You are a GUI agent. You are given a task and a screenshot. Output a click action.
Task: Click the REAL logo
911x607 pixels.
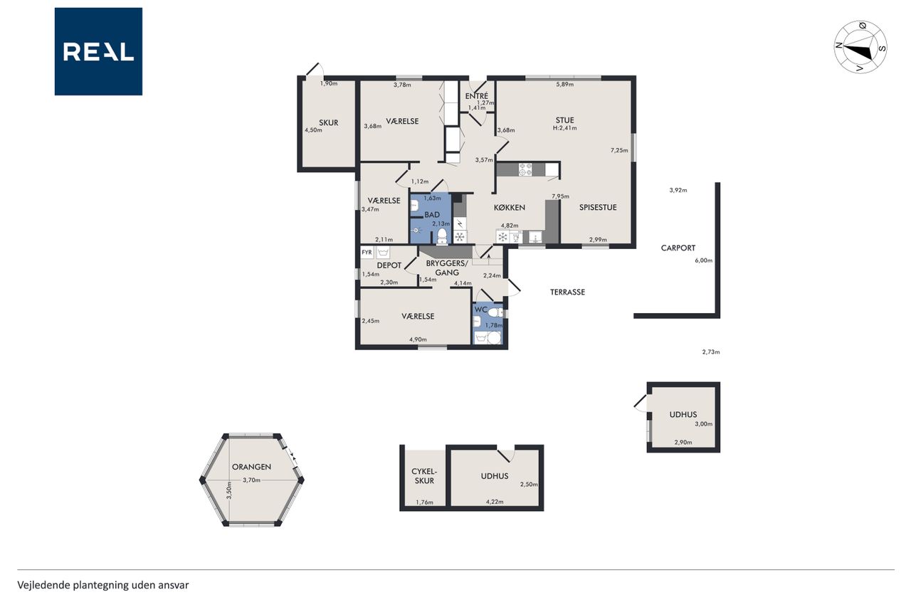coord(98,52)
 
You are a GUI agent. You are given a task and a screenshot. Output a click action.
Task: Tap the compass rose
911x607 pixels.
coord(860,47)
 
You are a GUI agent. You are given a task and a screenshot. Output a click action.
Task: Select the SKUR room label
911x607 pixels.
coord(329,123)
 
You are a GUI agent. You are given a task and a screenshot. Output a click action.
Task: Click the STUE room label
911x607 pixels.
coord(565,120)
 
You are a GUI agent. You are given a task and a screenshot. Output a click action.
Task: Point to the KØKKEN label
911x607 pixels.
coord(510,208)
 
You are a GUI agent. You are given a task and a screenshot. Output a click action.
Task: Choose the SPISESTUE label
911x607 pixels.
coord(598,207)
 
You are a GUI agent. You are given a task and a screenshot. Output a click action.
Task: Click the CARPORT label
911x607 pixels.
coord(678,248)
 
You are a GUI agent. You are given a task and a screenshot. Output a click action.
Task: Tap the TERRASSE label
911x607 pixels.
coord(567,292)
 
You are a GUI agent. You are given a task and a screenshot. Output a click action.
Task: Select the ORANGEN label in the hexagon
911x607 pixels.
coord(251,467)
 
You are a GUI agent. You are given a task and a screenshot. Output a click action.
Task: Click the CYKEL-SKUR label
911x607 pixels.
coord(423,476)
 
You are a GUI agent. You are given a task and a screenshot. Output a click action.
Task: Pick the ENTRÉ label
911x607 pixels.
coord(477,96)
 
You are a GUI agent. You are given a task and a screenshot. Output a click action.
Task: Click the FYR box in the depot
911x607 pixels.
coord(367,253)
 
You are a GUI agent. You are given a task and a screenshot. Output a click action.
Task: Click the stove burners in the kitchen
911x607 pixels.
coord(525,169)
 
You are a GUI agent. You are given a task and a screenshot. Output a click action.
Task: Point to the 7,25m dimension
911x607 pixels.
coord(619,150)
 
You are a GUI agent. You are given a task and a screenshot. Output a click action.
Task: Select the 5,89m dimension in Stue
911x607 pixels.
coord(565,85)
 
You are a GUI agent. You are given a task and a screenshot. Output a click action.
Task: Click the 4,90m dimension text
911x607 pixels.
coord(418,340)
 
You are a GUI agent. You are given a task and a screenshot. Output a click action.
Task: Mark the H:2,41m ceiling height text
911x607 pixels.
coord(564,128)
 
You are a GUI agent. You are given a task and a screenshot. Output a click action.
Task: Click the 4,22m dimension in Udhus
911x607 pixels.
coord(495,502)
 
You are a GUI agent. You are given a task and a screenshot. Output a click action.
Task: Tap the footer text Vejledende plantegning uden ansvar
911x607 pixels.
coord(103,585)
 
